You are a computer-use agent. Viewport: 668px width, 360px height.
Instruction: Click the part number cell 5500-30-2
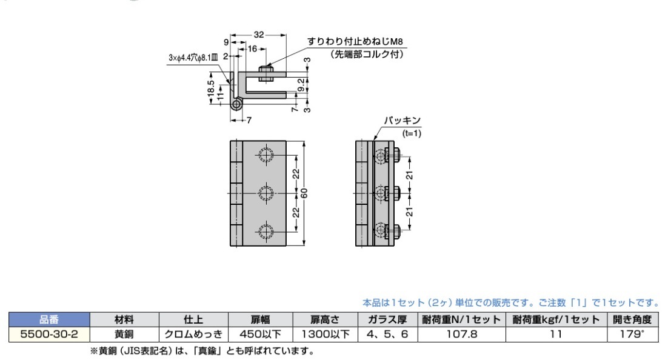point(49,334)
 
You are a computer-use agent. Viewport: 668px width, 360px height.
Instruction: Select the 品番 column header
point(49,319)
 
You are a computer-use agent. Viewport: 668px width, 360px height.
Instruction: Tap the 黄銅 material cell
point(124,334)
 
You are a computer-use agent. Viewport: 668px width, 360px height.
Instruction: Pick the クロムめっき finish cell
point(193,334)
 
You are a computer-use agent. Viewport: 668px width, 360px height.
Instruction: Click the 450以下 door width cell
point(260,334)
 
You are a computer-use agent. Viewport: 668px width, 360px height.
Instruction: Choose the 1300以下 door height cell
point(325,334)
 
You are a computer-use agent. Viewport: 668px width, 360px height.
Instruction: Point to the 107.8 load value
point(461,334)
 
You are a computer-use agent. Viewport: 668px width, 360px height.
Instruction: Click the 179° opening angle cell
point(632,334)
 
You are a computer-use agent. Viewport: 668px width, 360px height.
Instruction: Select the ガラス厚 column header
point(387,319)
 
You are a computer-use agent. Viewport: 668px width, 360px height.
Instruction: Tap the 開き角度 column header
point(632,319)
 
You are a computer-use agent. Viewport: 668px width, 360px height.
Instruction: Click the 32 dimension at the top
point(259,35)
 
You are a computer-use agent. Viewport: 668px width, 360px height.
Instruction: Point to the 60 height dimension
point(304,193)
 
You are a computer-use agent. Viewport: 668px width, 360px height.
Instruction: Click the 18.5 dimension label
point(210,88)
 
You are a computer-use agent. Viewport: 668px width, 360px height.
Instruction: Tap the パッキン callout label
point(402,121)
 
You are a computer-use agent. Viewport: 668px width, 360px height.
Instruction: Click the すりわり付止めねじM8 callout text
point(355,41)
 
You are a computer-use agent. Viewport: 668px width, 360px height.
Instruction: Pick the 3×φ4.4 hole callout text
point(193,58)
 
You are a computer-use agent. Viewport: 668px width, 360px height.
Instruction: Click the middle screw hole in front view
point(266,193)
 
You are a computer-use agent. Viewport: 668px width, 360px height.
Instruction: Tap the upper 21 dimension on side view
point(409,175)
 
